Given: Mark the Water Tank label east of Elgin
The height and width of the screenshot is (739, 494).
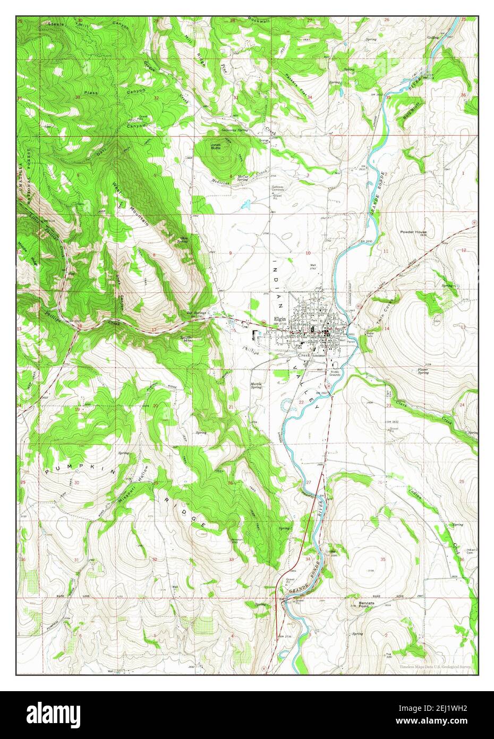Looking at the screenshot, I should [x=370, y=335].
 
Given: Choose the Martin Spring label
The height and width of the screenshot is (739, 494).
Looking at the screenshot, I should [x=257, y=385].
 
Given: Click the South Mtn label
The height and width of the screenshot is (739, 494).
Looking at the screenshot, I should [x=185, y=339].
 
